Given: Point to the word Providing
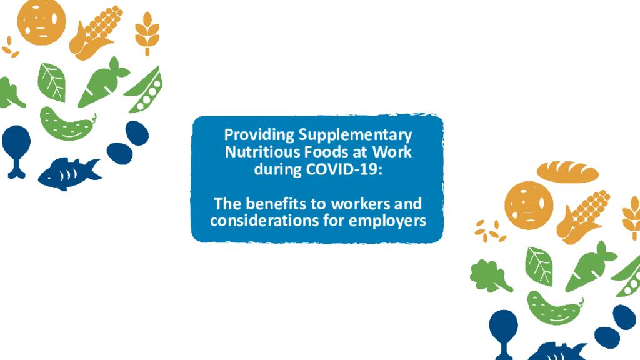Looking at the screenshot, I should click(259, 136).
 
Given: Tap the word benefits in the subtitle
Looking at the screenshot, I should click(287, 204).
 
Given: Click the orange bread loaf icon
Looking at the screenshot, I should click(567, 171).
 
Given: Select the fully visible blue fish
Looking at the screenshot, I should click(67, 172).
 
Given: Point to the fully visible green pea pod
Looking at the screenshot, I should click(145, 91).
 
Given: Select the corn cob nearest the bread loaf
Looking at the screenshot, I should click(583, 216).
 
